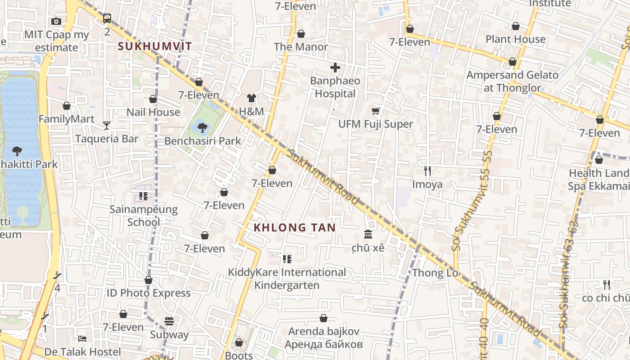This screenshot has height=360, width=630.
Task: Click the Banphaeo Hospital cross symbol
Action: pyautogui.click(x=335, y=68)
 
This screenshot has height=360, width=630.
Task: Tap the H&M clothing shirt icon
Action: pyautogui.click(x=251, y=98)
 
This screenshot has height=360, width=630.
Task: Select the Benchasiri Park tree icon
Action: pyautogui.click(x=202, y=128)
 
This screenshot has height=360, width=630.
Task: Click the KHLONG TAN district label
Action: pyautogui.click(x=295, y=228)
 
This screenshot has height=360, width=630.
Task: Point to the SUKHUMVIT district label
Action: pyautogui.click(x=155, y=46)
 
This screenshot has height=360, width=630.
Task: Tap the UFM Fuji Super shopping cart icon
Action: pyautogui.click(x=376, y=111)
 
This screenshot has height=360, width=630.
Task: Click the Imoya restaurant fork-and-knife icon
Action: pyautogui.click(x=427, y=171)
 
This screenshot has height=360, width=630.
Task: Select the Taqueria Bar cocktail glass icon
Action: pyautogui.click(x=107, y=126)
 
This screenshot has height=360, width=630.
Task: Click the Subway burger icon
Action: pyautogui.click(x=169, y=321)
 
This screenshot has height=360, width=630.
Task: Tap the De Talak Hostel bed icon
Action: pyautogui.click(x=82, y=338)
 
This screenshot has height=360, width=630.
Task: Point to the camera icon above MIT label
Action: pyautogui.click(x=56, y=21)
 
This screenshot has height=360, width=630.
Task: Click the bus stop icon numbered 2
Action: pyautogui.click(x=107, y=18)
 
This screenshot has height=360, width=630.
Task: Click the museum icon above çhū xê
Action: pyautogui.click(x=368, y=234)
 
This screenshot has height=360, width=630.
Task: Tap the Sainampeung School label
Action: pyautogui.click(x=144, y=216)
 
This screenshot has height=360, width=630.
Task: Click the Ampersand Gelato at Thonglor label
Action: pyautogui.click(x=512, y=81)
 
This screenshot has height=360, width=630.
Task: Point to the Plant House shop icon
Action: pyautogui.click(x=516, y=26)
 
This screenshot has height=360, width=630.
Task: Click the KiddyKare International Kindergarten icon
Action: pyautogui.click(x=287, y=259)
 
